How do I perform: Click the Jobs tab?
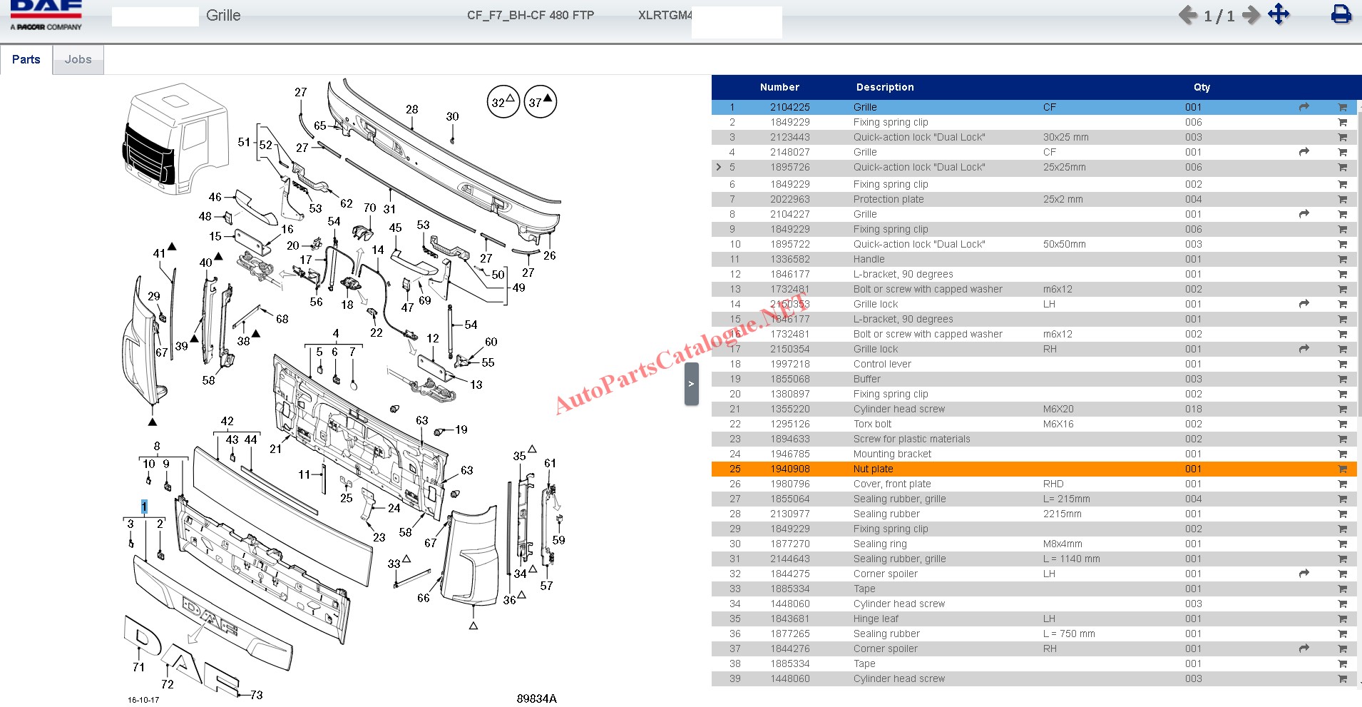click(78, 60)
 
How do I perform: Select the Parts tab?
click(26, 60)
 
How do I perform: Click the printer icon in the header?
click(1341, 14)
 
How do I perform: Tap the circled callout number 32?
click(503, 102)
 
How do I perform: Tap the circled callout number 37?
click(541, 102)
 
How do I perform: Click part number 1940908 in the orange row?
click(789, 469)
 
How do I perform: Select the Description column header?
click(884, 87)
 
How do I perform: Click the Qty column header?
click(1202, 87)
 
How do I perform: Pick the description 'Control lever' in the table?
click(882, 364)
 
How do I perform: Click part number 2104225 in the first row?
click(789, 107)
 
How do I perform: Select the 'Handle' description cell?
click(869, 259)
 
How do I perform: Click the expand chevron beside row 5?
click(718, 167)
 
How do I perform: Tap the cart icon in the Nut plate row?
click(1342, 469)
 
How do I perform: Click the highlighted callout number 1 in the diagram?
click(144, 507)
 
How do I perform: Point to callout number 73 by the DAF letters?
click(257, 695)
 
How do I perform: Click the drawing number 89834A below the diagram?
click(536, 698)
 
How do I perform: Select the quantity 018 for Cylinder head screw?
click(1193, 409)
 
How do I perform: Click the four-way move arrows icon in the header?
click(1279, 14)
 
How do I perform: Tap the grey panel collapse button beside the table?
click(691, 384)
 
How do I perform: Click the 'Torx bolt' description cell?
click(872, 424)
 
